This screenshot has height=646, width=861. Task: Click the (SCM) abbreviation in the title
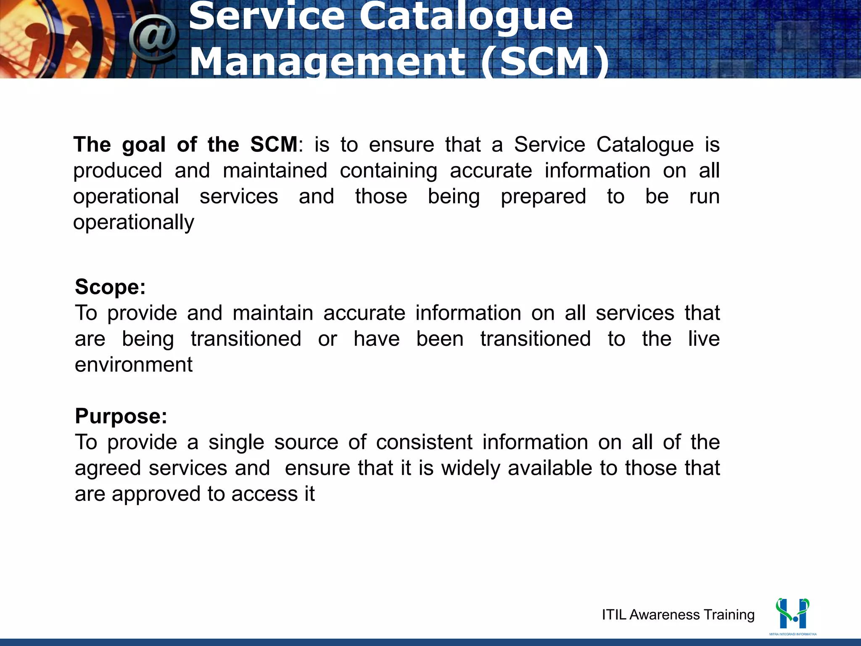point(545,62)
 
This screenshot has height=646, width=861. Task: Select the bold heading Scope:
point(110,287)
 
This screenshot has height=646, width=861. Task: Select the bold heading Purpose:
point(121,416)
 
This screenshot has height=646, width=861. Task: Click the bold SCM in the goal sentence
point(274,145)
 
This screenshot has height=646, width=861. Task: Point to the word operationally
point(134,222)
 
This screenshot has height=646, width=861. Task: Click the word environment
point(134,365)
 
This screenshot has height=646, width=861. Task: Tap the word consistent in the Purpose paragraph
point(424,442)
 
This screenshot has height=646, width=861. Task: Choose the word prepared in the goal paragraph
point(543,197)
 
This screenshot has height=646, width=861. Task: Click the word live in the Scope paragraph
point(704,339)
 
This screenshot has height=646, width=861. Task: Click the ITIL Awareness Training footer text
point(678,615)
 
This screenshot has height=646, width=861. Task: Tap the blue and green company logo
point(792,614)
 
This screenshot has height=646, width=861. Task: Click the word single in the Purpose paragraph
point(236,442)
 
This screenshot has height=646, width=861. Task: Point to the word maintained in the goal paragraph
point(275,171)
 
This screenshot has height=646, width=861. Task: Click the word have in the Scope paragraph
point(376,339)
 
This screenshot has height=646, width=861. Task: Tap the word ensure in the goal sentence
point(401,145)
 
